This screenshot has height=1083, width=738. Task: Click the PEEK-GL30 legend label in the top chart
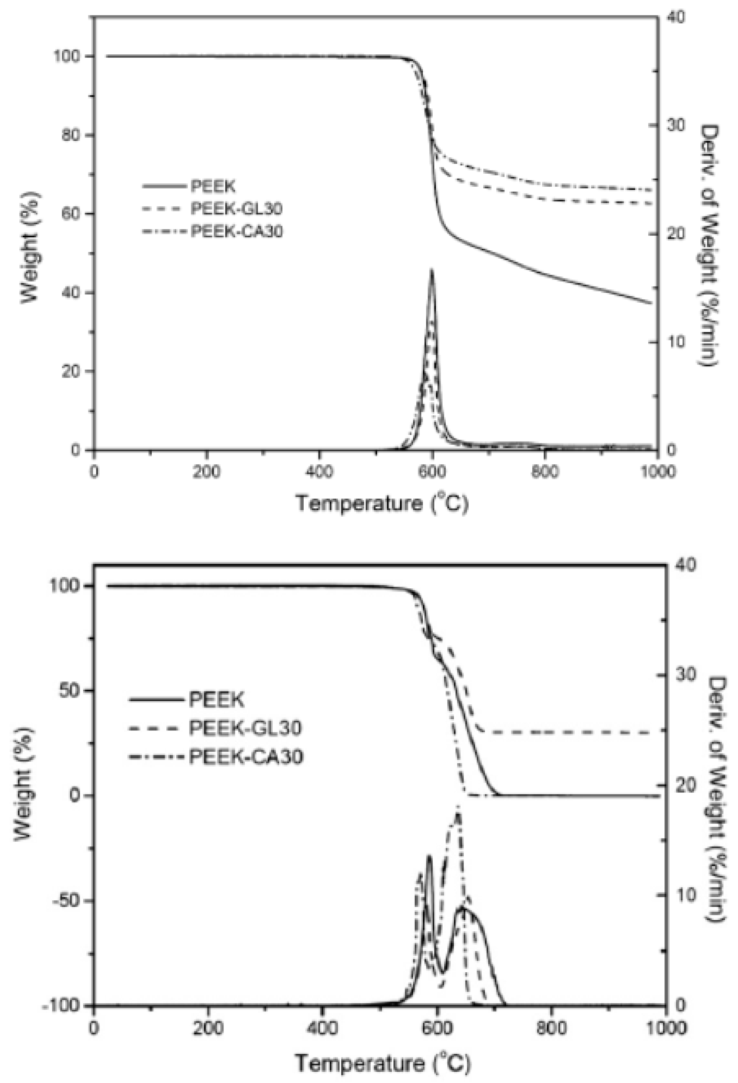click(236, 209)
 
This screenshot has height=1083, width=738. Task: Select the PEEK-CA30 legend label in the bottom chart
click(246, 756)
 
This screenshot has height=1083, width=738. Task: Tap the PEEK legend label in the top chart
click(213, 187)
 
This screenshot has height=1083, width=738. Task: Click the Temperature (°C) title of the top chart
click(382, 504)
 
